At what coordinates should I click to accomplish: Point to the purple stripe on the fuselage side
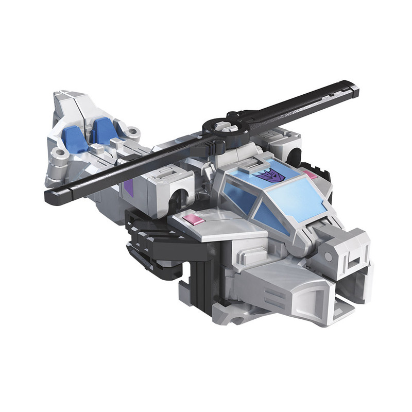click(129, 188)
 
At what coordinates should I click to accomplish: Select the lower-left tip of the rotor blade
click(51, 196)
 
